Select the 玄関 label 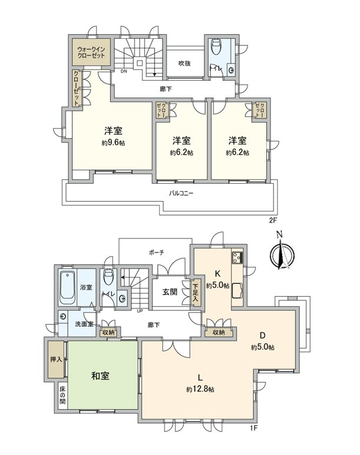tap(170, 292)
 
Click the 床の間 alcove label tap(62, 395)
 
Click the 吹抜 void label tap(184, 63)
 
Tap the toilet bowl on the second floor tap(216, 48)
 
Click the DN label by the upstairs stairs tap(124, 72)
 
